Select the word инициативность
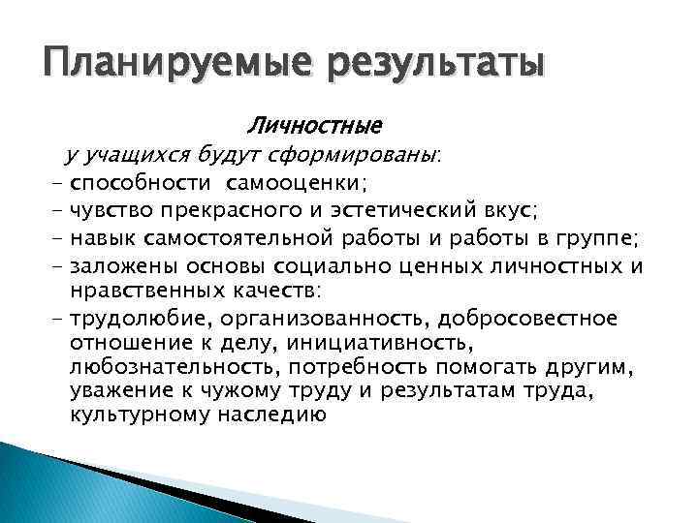point(367,343)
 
